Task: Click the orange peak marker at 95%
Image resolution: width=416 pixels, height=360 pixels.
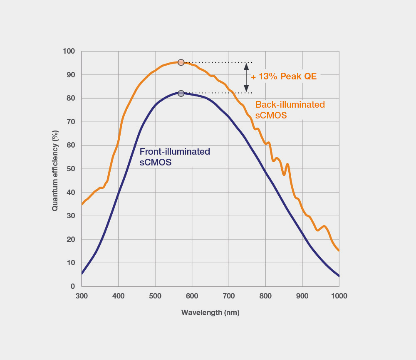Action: pos(181,62)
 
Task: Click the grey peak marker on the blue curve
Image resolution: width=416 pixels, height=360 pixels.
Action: pos(181,94)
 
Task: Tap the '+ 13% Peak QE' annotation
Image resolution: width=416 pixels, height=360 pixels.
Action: pos(284,76)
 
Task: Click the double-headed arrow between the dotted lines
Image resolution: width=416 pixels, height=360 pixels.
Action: pos(246,77)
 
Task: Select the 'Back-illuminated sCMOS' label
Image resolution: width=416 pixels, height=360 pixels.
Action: pos(290,110)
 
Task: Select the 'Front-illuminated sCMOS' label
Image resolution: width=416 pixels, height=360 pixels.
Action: pos(175,157)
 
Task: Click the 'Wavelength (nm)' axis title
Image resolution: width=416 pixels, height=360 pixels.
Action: pos(210,312)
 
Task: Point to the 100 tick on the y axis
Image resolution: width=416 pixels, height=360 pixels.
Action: pos(69,51)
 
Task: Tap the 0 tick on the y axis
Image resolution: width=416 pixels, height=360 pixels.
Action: pos(73,286)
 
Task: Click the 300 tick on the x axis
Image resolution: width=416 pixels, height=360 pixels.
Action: pos(82,296)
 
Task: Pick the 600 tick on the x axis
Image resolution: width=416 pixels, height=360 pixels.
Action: pos(192,296)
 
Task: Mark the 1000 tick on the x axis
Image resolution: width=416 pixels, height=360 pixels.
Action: pos(339,296)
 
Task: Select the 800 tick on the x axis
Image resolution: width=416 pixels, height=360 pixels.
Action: pos(265,296)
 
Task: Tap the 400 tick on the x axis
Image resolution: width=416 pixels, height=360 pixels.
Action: pos(119,296)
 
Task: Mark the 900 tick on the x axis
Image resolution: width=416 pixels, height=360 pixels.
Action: pos(302,296)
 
